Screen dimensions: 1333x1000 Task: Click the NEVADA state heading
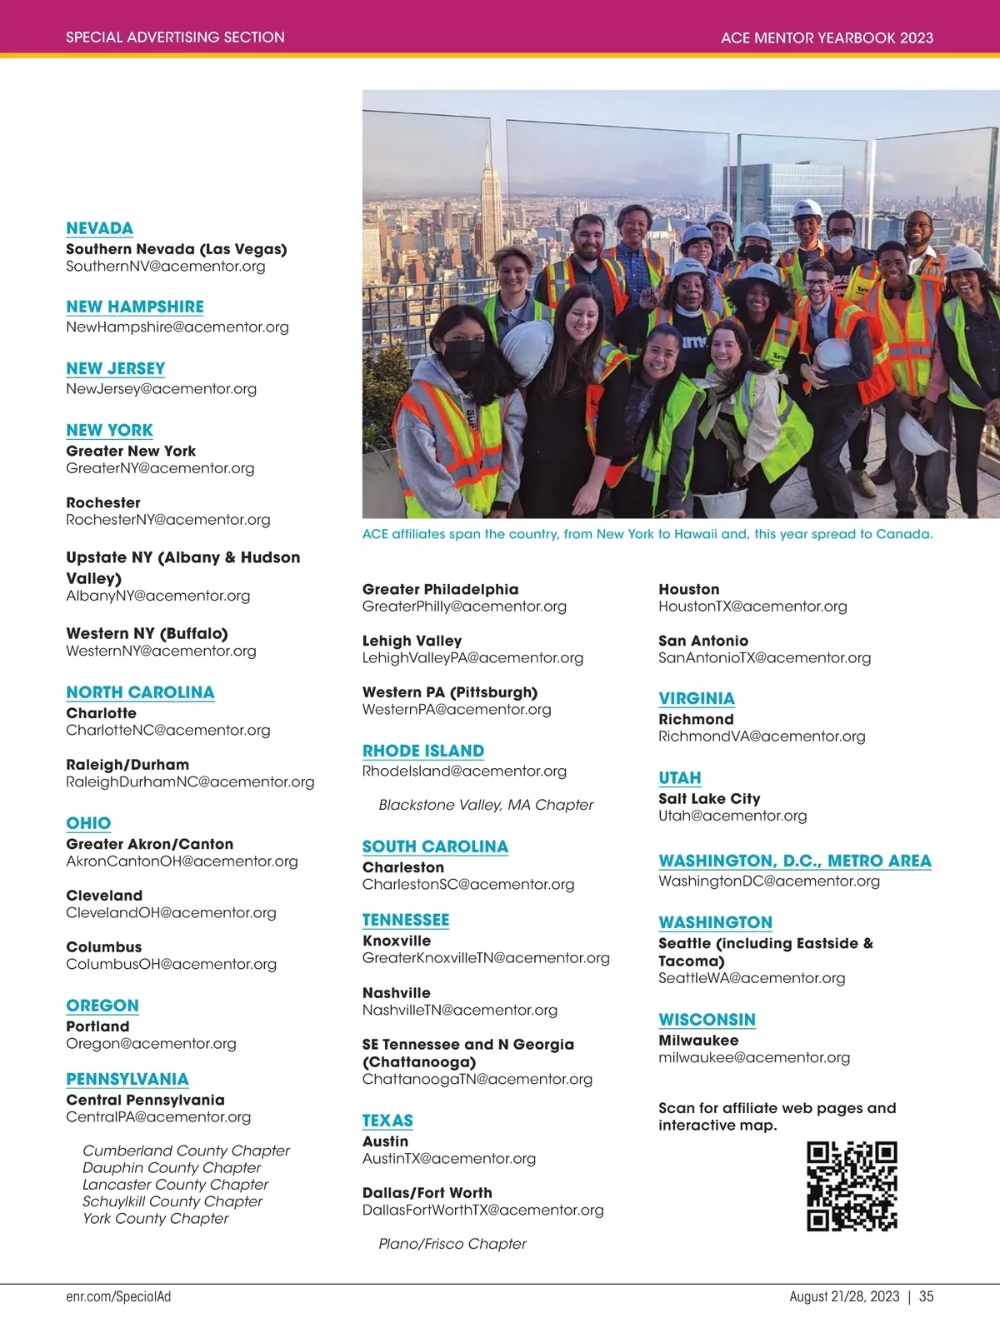tap(99, 228)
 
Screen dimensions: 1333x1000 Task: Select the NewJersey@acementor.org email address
tap(161, 389)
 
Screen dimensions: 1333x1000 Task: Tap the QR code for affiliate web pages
tap(852, 1186)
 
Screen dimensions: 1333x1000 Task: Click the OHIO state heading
tap(88, 823)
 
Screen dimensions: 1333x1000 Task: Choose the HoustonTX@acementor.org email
tap(752, 607)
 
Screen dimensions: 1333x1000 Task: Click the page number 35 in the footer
tap(926, 1296)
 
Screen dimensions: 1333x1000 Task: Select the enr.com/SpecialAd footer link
tap(118, 1296)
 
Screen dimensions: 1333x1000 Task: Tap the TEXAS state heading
tap(387, 1121)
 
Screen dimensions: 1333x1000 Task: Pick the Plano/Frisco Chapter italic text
tap(452, 1244)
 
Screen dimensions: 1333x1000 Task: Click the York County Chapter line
tap(155, 1218)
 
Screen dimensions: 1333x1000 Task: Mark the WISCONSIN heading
tap(707, 1020)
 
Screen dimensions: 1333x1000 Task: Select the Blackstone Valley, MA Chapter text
tap(486, 805)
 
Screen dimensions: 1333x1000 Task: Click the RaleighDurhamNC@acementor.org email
tap(190, 781)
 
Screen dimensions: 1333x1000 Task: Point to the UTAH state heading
tap(679, 778)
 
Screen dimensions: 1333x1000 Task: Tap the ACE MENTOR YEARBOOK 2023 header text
tap(827, 37)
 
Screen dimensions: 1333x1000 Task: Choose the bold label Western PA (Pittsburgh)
tap(450, 692)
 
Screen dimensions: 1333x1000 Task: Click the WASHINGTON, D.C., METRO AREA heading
tap(794, 861)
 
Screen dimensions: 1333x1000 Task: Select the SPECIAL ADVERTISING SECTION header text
tap(175, 37)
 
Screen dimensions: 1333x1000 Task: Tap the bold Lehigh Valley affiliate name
tap(412, 641)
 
